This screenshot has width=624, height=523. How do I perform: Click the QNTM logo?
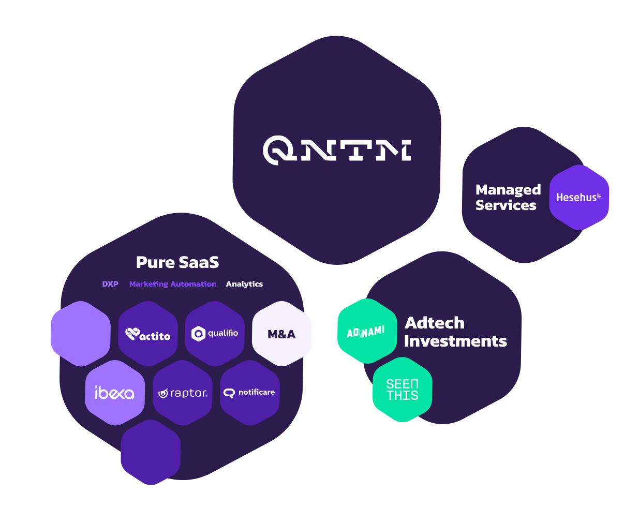337,150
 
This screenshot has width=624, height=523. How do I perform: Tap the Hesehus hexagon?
579,197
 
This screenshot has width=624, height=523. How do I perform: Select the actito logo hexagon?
148,334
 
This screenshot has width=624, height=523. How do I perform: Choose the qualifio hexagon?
215,334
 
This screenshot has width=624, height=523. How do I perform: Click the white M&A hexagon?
282,334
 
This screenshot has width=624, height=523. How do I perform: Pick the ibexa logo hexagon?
115,393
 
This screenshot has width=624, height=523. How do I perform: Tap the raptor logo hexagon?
183,393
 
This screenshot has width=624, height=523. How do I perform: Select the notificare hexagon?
250,393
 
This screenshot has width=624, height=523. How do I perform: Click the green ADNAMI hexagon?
367,331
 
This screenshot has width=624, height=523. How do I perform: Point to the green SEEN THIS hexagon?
403,390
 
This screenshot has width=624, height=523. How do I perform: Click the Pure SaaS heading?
177,262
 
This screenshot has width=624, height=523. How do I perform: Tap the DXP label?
110,284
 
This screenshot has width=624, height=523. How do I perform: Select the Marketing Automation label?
173,284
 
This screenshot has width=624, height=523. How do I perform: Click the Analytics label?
244,284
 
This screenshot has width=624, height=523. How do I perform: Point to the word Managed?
508,190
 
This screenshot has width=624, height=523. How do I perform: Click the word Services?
506,205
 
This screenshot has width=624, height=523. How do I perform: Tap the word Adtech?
434,323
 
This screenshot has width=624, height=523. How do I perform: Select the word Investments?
455,341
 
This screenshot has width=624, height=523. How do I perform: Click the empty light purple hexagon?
81,334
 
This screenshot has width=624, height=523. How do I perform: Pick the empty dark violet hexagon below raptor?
151,452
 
